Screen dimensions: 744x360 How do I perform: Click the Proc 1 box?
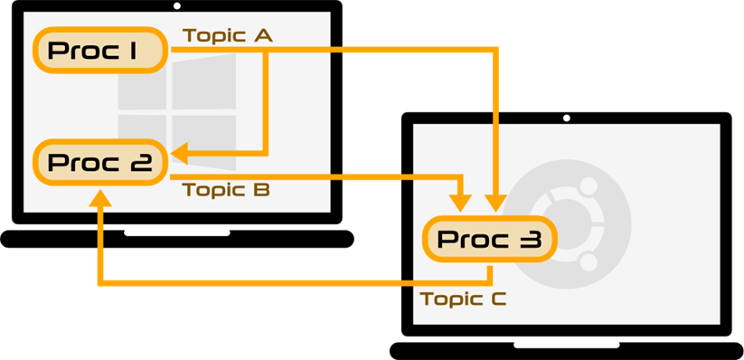(x=100, y=51)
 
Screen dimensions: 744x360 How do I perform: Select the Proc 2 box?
(x=100, y=163)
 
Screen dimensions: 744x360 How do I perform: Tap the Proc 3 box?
(x=489, y=239)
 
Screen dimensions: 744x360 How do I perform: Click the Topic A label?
(x=228, y=35)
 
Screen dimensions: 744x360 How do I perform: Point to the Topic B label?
(x=227, y=190)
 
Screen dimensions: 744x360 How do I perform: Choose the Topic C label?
(x=464, y=298)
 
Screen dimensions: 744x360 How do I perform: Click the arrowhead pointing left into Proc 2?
(x=181, y=154)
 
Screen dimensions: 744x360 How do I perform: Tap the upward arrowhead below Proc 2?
(x=99, y=196)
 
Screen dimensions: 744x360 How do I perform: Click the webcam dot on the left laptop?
(x=177, y=6)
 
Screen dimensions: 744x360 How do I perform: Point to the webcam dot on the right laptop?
(x=567, y=118)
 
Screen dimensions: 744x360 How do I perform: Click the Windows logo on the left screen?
(x=177, y=111)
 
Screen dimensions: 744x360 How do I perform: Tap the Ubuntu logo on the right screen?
(x=567, y=223)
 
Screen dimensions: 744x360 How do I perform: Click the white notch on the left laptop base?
(x=177, y=232)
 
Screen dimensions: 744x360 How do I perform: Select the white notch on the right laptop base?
(x=567, y=345)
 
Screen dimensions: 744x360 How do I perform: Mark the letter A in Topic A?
(x=262, y=35)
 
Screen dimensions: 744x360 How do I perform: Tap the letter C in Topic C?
(x=496, y=298)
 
